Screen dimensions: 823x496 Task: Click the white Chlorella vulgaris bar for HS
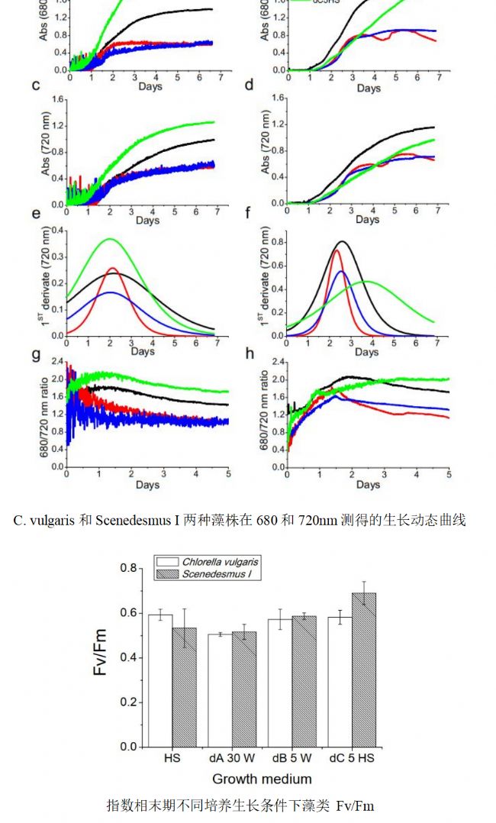[x=160, y=679]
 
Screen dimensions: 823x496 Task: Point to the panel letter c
[x=35, y=85]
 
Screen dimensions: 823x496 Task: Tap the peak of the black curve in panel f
[x=343, y=241]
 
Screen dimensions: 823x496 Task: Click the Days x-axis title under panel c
[x=148, y=221]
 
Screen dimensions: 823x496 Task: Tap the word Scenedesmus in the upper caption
[x=130, y=521]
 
